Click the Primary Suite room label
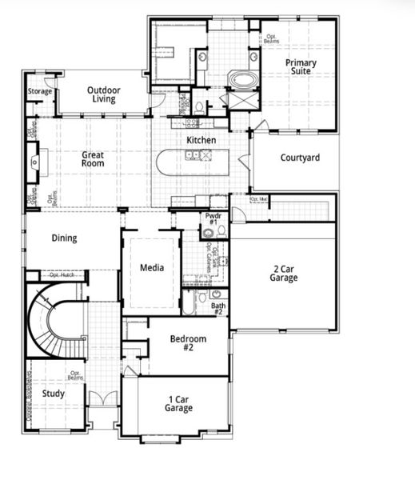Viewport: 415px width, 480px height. pyautogui.click(x=300, y=67)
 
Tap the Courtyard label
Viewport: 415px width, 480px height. pyautogui.click(x=300, y=158)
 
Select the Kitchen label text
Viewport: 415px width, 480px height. pyautogui.click(x=201, y=141)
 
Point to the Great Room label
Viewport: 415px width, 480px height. pyautogui.click(x=94, y=158)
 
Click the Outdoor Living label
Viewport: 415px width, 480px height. pyautogui.click(x=104, y=94)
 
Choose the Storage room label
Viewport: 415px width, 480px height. pyautogui.click(x=39, y=91)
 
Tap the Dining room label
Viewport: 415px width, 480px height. pyautogui.click(x=65, y=238)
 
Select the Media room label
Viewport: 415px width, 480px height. pyautogui.click(x=151, y=267)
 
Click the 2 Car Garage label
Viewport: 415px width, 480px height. pyautogui.click(x=283, y=274)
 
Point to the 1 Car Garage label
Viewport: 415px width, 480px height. pyautogui.click(x=178, y=404)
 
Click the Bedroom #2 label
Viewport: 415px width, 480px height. pyautogui.click(x=188, y=343)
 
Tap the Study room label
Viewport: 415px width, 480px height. pyautogui.click(x=54, y=394)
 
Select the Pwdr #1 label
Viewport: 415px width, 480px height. pyautogui.click(x=213, y=218)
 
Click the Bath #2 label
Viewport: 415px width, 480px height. pyautogui.click(x=218, y=309)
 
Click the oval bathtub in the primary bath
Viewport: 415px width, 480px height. pyautogui.click(x=243, y=80)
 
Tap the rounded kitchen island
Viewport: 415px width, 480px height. pyautogui.click(x=192, y=163)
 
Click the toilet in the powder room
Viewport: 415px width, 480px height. pyautogui.click(x=208, y=234)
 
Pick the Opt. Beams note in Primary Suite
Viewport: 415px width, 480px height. pyautogui.click(x=273, y=38)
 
